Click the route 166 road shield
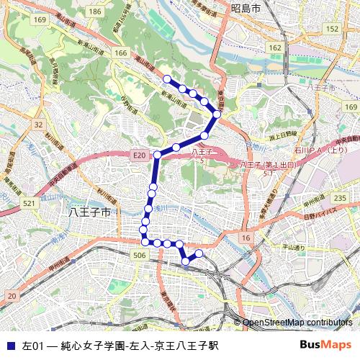[x=120, y=53]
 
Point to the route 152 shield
[x=332, y=28]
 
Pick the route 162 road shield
[x=275, y=48]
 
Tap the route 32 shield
[x=38, y=125]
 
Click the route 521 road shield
[x=30, y=204]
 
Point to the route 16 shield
[x=247, y=238]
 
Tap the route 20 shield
[x=12, y=295]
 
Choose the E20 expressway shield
[x=139, y=155]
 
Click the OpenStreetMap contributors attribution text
[x=297, y=323]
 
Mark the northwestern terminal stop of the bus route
[x=167, y=79]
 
